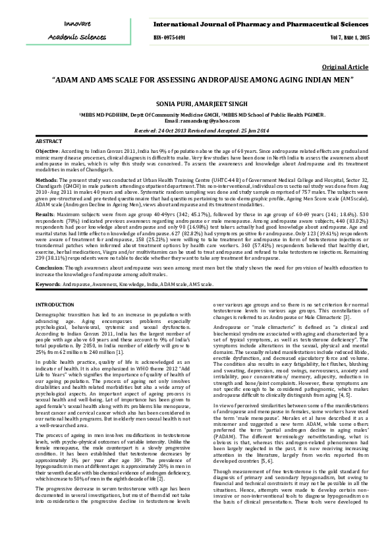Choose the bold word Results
(45, 214)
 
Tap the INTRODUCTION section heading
(55, 305)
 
